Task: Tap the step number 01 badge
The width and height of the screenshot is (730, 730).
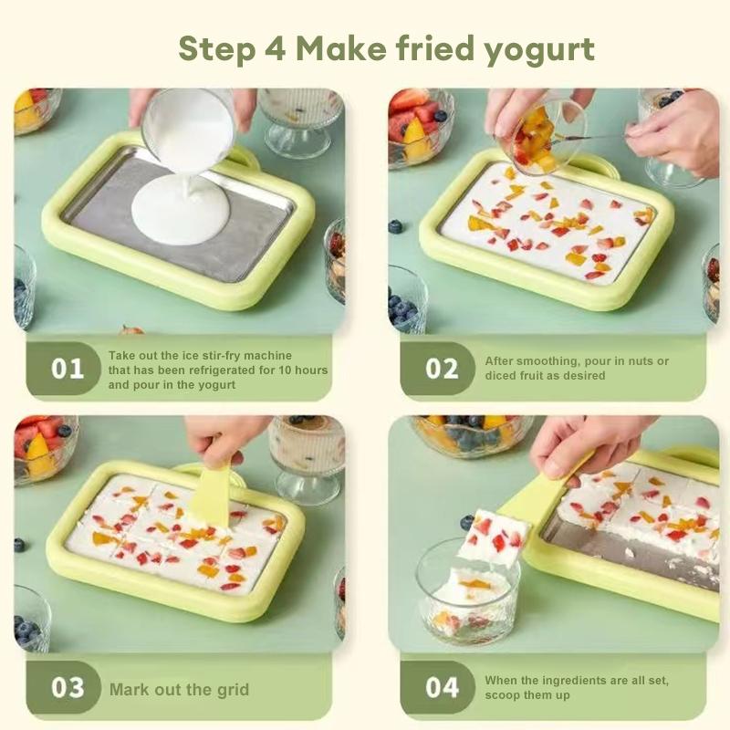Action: (x=68, y=369)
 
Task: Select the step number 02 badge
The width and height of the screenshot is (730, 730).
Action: (x=443, y=369)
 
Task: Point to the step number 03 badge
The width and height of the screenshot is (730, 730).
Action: (x=68, y=687)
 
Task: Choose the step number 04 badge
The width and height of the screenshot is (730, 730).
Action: (x=443, y=687)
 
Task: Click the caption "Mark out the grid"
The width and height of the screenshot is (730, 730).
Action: (x=179, y=689)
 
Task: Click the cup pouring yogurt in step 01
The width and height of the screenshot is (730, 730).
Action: (x=188, y=128)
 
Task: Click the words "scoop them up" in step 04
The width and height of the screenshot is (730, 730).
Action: (x=527, y=694)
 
